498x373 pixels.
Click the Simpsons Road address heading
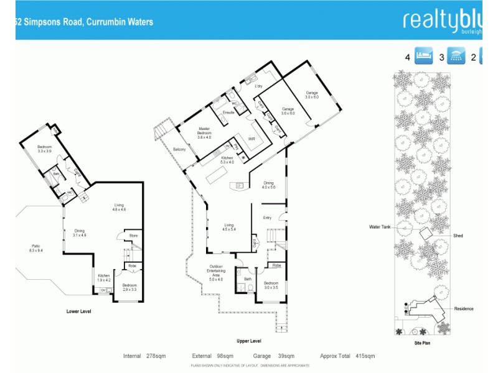tap(84, 22)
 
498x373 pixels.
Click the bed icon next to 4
tap(425, 57)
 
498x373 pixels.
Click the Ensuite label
tap(228, 113)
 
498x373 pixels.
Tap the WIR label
tap(252, 139)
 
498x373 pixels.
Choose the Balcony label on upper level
tap(179, 149)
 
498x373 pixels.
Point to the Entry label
tap(268, 218)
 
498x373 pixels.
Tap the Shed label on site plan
tap(458, 236)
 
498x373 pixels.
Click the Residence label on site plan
tap(464, 308)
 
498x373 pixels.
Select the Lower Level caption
tap(78, 311)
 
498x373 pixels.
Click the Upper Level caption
tap(249, 341)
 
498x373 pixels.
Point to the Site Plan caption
tap(423, 343)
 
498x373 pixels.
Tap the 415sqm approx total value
tap(365, 356)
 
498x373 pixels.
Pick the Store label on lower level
tap(133, 236)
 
